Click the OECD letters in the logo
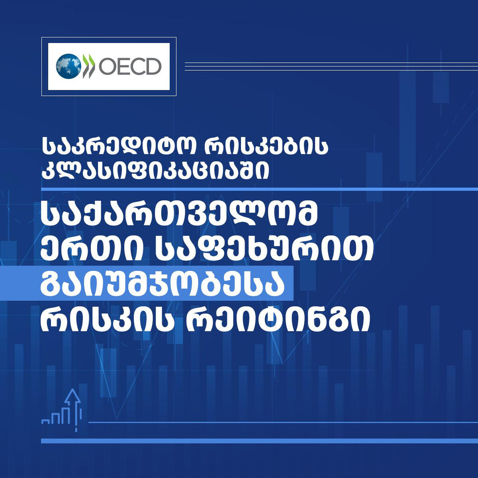tap(129, 66)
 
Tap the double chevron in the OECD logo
tap(88, 66)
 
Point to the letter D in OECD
tap(152, 66)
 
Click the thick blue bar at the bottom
tap(259, 441)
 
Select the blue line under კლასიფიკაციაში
tap(259, 188)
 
